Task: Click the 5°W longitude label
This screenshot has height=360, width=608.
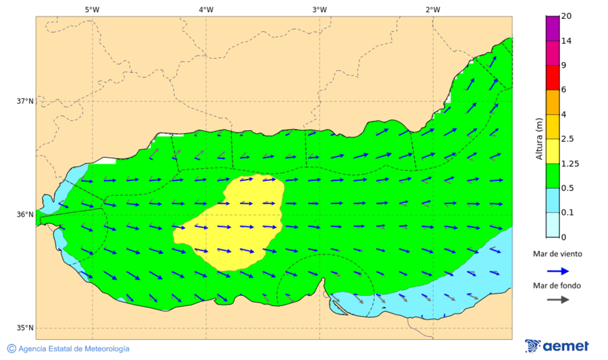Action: (92, 9)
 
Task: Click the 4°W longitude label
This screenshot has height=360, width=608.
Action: (206, 9)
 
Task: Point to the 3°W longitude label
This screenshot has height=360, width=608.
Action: (320, 9)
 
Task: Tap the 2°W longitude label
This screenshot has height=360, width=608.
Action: (433, 9)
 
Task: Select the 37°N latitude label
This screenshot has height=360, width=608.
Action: (25, 101)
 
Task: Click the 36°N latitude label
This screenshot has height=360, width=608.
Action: (25, 215)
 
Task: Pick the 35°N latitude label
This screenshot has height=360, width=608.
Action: (25, 328)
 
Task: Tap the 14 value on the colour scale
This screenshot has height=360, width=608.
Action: (566, 41)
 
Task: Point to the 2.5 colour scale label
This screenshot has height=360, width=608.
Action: (567, 139)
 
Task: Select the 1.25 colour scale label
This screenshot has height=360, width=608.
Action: (569, 163)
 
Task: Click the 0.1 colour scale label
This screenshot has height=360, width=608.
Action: (567, 212)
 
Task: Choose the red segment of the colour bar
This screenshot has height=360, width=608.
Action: (552, 78)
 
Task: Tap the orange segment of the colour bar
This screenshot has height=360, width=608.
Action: (552, 102)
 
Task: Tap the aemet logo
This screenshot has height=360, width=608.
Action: (557, 346)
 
